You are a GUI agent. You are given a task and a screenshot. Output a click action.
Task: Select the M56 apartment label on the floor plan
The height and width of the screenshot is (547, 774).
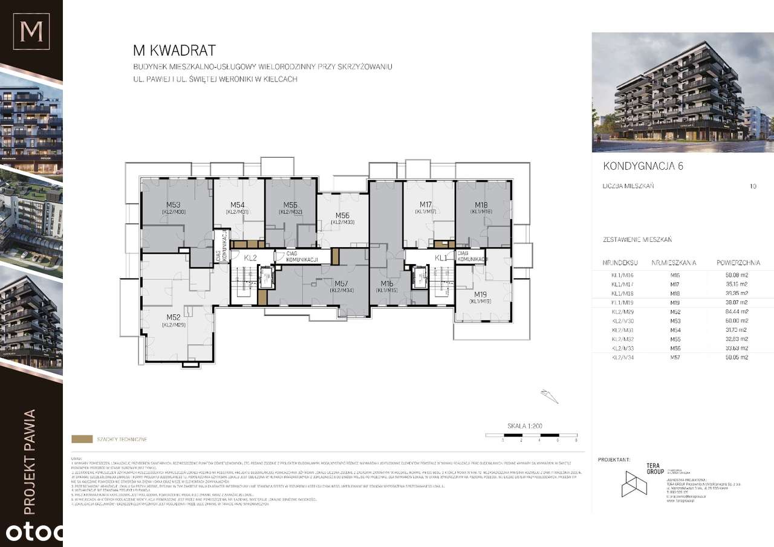(x=342, y=216)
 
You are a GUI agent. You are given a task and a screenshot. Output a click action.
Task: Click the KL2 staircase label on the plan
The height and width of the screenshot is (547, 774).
(x=250, y=258)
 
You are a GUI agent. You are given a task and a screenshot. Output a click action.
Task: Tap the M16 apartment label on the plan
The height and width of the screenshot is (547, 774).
(x=388, y=283)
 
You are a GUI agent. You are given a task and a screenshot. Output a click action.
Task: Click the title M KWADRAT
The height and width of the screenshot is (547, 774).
(x=174, y=51)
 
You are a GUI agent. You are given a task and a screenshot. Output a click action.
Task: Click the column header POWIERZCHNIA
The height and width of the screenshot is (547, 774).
(x=738, y=263)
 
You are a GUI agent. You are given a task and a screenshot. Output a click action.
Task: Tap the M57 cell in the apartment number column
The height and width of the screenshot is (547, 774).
(x=675, y=357)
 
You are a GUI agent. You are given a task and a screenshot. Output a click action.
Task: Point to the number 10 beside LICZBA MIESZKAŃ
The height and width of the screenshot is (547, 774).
(x=752, y=186)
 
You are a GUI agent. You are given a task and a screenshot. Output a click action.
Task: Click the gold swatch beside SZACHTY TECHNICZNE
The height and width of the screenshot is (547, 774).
(x=81, y=439)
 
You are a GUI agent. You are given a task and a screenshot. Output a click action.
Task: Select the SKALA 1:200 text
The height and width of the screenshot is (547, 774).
(x=524, y=426)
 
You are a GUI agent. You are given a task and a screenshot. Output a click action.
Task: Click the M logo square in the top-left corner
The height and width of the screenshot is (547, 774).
(x=31, y=31)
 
